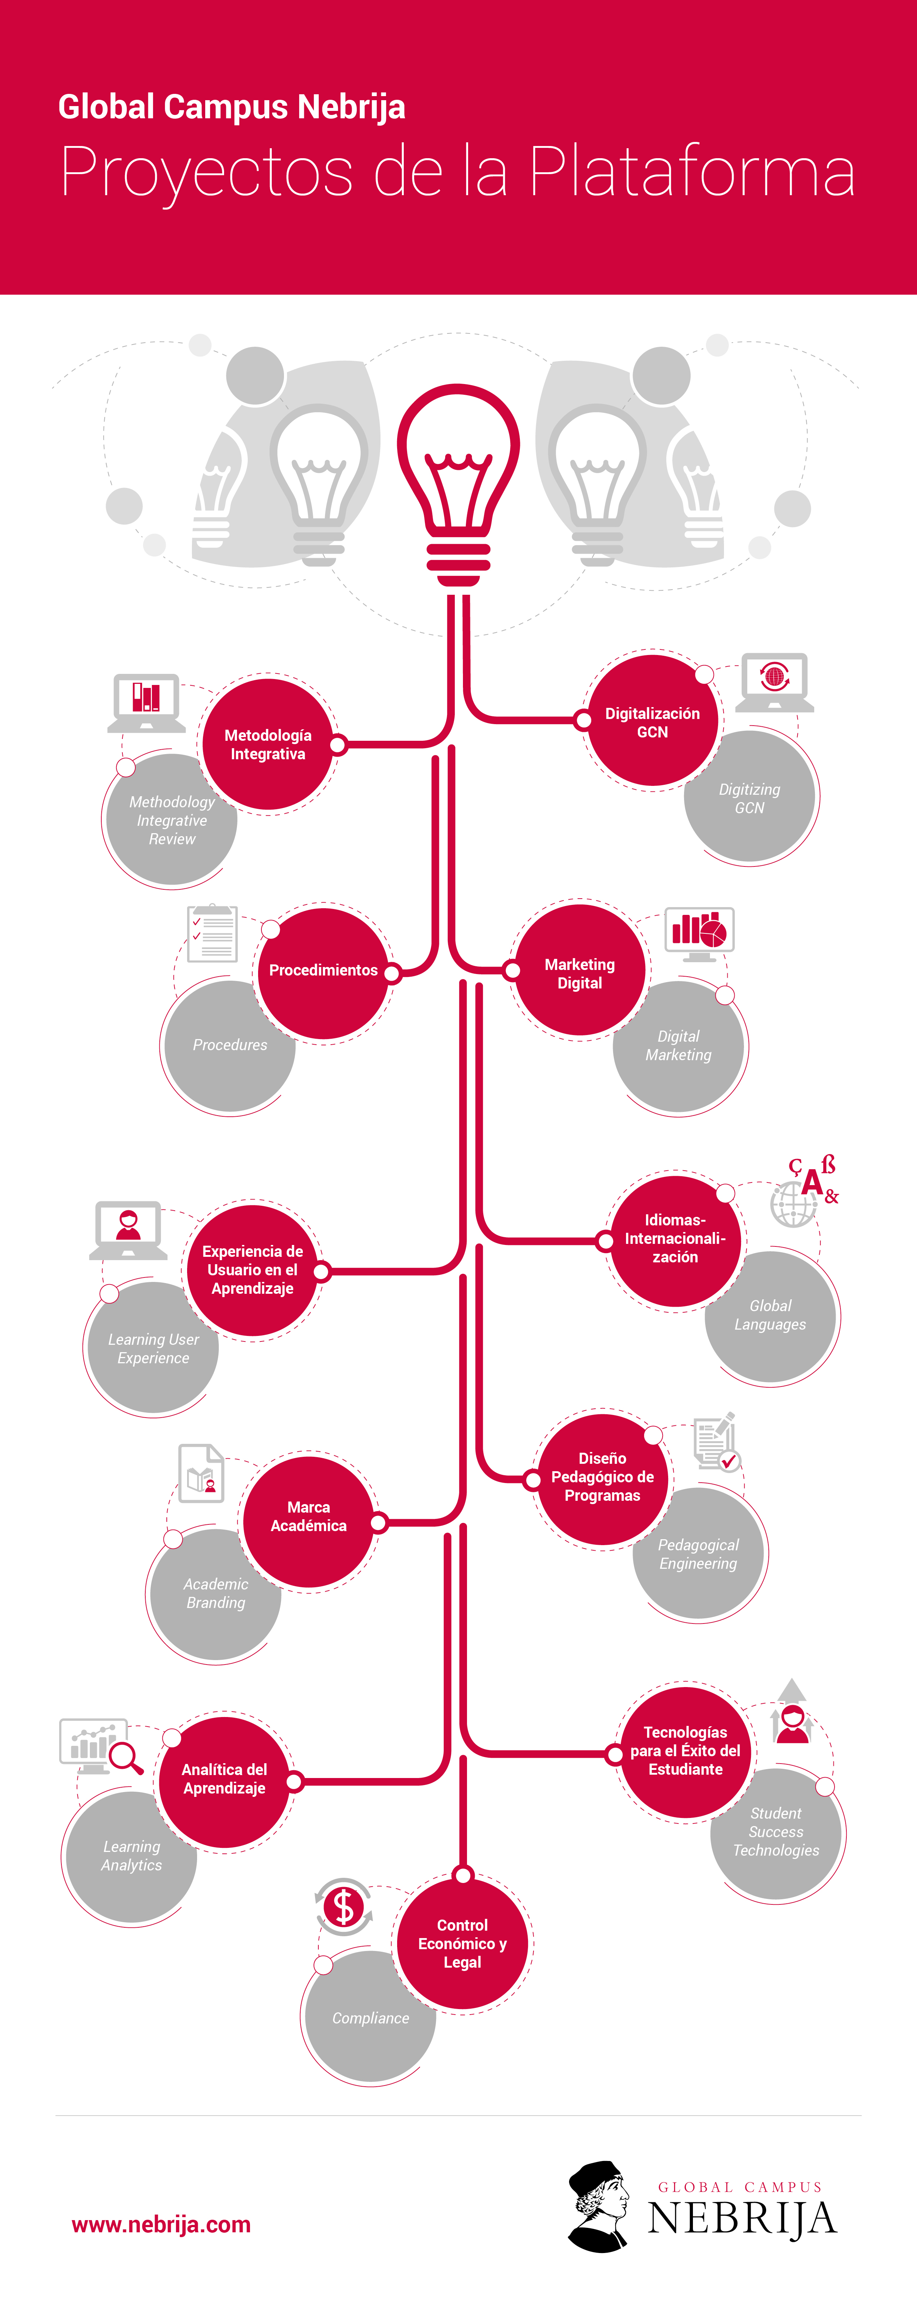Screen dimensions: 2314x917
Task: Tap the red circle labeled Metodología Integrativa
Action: pyautogui.click(x=268, y=745)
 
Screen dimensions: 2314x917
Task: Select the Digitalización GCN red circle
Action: pyautogui.click(x=652, y=722)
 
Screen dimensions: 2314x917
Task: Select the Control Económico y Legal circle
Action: pyautogui.click(x=463, y=1943)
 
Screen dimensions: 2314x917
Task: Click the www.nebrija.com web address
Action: pyautogui.click(x=162, y=2224)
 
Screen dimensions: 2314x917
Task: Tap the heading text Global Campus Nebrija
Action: pyautogui.click(x=232, y=107)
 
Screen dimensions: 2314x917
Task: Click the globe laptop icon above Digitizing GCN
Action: pyautogui.click(x=774, y=680)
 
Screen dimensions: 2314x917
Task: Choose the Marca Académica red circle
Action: pyautogui.click(x=308, y=1516)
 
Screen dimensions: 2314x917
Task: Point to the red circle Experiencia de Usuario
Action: pyautogui.click(x=253, y=1269)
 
